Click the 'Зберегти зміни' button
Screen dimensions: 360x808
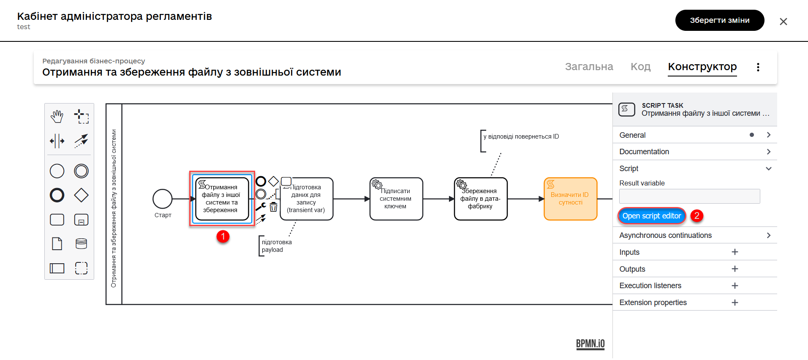click(x=719, y=20)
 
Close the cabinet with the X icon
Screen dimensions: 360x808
click(x=783, y=22)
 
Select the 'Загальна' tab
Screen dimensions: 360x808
click(x=589, y=67)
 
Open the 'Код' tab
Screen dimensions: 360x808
click(x=640, y=67)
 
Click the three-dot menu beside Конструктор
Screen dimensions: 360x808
click(x=758, y=67)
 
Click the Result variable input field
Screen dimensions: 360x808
click(x=689, y=196)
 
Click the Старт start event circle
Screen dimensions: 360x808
click(x=163, y=199)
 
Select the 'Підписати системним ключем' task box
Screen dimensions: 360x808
click(x=396, y=199)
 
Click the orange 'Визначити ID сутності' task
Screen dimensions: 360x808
click(x=570, y=199)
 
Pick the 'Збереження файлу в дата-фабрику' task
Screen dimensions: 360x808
click(x=481, y=199)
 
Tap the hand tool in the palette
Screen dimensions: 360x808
click(x=57, y=116)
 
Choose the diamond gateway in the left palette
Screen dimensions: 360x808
click(x=81, y=195)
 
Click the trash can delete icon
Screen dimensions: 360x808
click(x=274, y=207)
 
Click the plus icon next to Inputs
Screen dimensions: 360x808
click(x=735, y=252)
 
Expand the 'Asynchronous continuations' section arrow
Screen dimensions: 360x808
click(x=769, y=235)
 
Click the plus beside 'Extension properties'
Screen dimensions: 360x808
click(x=735, y=303)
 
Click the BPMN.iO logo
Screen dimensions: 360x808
click(x=590, y=344)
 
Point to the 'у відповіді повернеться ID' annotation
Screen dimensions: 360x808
click(x=521, y=137)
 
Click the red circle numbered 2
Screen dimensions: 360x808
click(x=696, y=216)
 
